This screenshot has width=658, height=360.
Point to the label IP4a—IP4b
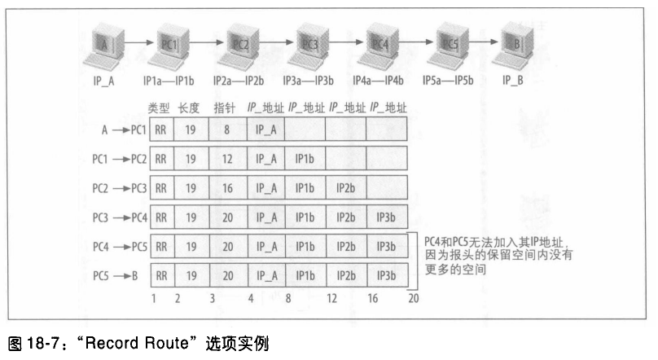(378, 82)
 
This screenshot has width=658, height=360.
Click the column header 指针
(225, 107)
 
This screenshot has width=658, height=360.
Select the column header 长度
(188, 107)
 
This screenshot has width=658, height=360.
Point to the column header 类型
(159, 107)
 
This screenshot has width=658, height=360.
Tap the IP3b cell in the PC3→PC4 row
(387, 217)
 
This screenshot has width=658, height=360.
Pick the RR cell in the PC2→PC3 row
(161, 187)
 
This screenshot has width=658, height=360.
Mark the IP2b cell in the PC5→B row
(346, 276)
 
